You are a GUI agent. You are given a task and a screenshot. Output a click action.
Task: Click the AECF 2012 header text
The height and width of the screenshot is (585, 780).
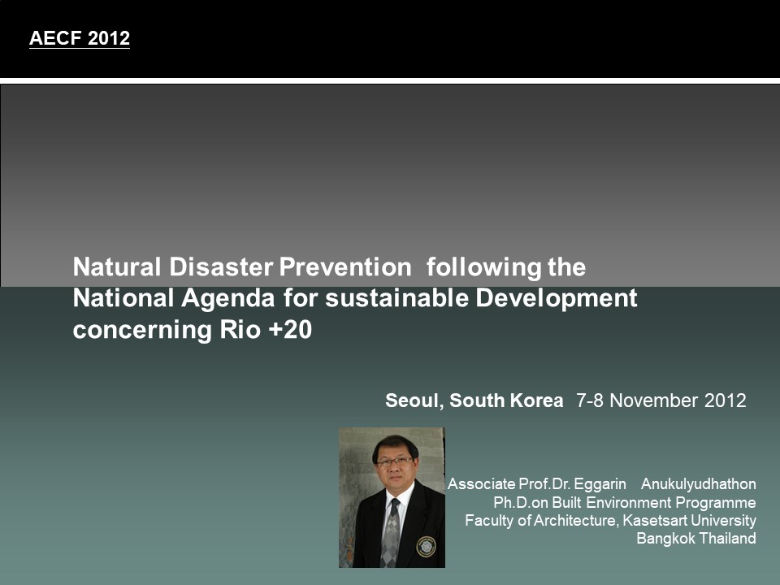point(80,38)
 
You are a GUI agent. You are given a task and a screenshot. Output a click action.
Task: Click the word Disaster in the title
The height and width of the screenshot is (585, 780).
point(221,267)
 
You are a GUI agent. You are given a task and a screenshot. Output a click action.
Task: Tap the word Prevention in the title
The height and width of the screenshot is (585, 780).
point(345,267)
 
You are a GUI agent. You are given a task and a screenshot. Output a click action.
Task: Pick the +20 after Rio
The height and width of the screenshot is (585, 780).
point(290,330)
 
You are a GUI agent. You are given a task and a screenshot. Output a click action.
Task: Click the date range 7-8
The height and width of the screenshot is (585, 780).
point(590,401)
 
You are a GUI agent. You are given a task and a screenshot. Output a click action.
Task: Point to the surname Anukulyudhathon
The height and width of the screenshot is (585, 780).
point(699,484)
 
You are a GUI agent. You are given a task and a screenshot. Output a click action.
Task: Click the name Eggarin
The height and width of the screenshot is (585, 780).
point(600,484)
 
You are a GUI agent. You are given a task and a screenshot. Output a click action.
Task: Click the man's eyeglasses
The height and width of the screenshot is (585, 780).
point(395,461)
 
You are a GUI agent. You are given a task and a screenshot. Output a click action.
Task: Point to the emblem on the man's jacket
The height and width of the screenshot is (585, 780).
point(426,546)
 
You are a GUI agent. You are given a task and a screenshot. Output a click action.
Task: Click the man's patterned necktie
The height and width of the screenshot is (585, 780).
point(391,532)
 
